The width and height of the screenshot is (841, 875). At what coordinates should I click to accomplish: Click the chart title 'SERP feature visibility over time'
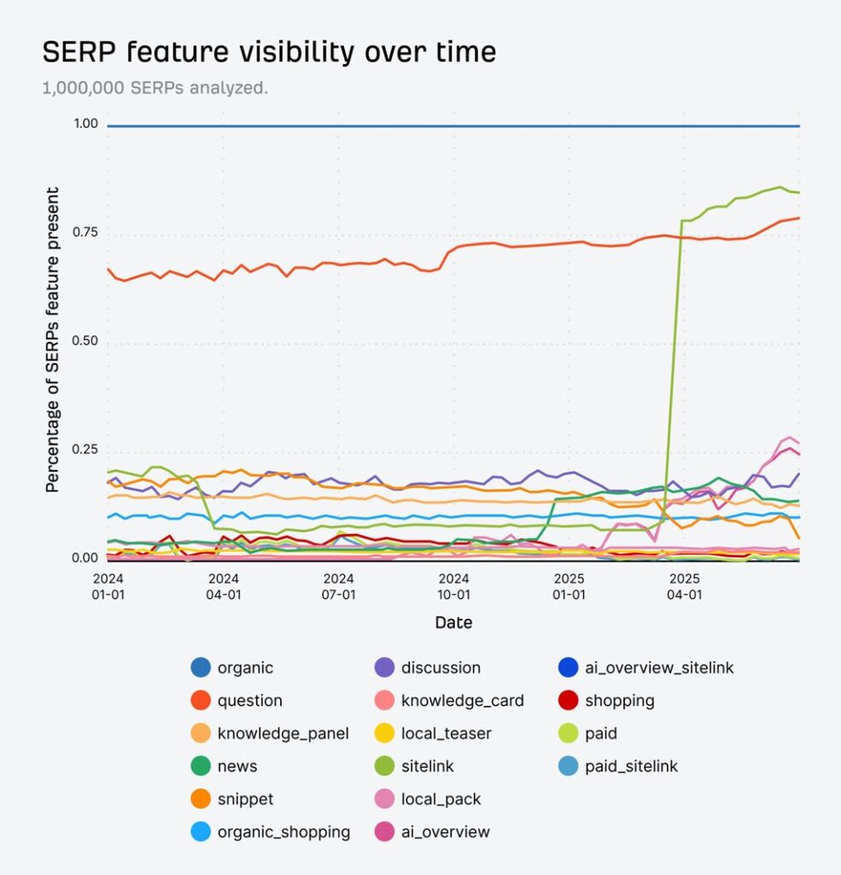tap(269, 52)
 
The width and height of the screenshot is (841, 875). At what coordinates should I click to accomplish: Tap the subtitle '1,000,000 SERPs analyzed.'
tap(155, 88)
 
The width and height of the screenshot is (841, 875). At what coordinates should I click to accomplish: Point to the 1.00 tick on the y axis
tap(85, 125)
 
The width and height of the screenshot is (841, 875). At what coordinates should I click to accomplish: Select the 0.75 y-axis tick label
tap(85, 233)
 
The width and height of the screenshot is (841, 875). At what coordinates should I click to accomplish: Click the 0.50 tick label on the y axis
tap(85, 342)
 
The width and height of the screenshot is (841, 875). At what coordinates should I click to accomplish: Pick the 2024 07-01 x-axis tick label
tap(339, 586)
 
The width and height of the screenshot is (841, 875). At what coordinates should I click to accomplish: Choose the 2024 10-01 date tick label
tap(454, 586)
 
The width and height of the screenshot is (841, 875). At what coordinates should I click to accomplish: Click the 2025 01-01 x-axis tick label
tap(569, 586)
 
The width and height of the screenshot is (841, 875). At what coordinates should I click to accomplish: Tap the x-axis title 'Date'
tap(453, 622)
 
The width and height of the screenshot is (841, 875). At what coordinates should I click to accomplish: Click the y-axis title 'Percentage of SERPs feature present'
tap(53, 339)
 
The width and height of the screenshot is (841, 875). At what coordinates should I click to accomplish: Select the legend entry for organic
tap(245, 668)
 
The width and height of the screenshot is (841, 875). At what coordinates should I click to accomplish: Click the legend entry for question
tap(249, 701)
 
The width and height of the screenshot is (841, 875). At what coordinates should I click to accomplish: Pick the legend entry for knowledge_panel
tap(283, 733)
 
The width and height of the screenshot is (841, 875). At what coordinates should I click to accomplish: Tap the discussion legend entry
tap(441, 668)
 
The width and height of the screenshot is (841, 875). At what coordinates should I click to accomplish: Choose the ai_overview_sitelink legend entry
tap(658, 668)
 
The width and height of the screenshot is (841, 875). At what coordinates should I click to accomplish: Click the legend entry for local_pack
tap(441, 799)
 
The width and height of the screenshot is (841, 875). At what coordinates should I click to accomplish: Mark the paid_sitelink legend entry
tap(631, 766)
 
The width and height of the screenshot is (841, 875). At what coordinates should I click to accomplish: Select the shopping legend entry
tap(619, 701)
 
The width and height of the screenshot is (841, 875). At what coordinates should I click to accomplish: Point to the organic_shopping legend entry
tap(283, 831)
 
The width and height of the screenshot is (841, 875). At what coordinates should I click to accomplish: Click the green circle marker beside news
tap(201, 766)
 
